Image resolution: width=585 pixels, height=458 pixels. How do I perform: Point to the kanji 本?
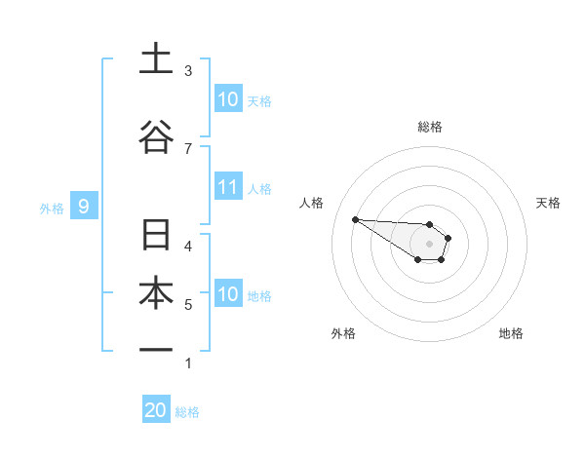156,290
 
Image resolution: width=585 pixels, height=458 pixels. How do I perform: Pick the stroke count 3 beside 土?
188,71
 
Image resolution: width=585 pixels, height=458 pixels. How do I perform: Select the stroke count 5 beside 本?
188,305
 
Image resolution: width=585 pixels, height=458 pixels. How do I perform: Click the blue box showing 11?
228,187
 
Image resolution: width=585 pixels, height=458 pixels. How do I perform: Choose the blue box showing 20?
156,410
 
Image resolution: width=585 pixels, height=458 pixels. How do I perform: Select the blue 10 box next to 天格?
228,98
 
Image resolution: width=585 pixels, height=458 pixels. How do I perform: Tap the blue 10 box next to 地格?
228,293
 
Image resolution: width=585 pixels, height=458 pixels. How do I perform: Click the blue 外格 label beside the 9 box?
51,208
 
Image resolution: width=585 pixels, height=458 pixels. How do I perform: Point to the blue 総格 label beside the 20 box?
187,412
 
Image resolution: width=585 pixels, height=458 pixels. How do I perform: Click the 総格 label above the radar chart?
430,127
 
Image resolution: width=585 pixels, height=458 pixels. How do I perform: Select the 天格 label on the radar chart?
549,203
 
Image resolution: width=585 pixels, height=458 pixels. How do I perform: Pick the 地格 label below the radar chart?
511,333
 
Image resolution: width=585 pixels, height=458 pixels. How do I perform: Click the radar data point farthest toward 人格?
356,219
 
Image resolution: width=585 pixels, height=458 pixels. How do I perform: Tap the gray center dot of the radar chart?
429,243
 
